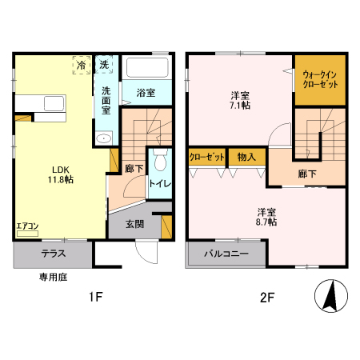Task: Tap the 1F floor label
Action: (95, 298)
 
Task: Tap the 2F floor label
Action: (266, 298)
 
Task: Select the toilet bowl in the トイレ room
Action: (159, 162)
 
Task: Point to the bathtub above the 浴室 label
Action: (147, 66)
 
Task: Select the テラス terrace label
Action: (54, 254)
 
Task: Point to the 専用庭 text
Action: (52, 278)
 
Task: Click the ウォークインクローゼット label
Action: (320, 80)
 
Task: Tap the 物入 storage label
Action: (246, 156)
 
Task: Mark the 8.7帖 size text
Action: (266, 222)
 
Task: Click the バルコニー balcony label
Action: (225, 254)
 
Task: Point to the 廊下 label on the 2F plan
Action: (308, 174)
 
